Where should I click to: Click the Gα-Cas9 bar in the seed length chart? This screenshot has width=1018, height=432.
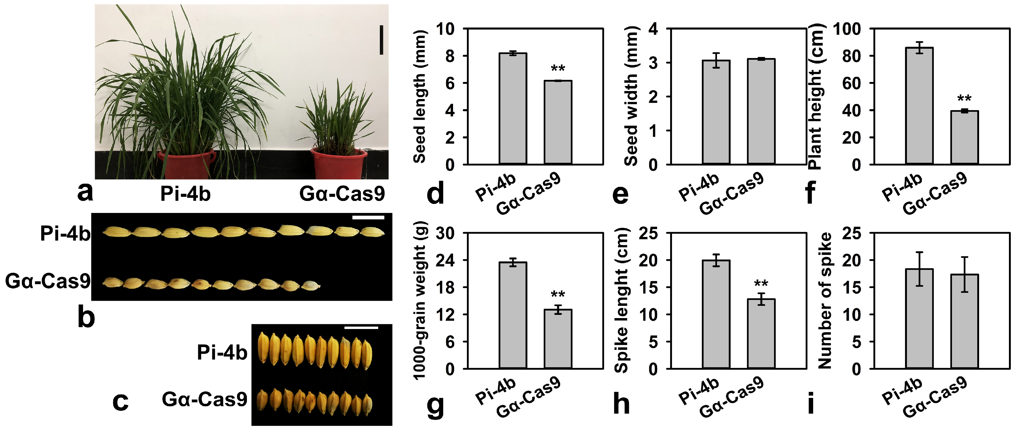[x=557, y=122]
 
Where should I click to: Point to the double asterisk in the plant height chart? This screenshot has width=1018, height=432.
[x=964, y=98]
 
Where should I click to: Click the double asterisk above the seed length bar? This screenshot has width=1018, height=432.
[x=557, y=68]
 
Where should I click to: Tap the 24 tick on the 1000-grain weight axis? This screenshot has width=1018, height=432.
[x=445, y=260]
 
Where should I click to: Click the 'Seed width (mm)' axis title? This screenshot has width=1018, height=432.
[x=631, y=96]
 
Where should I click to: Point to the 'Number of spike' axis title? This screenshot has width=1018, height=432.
[x=824, y=300]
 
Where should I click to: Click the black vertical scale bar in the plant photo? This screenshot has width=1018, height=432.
[x=381, y=40]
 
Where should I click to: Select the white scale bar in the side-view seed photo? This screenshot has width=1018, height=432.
[x=368, y=217]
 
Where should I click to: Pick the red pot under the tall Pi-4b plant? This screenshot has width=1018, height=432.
[x=186, y=164]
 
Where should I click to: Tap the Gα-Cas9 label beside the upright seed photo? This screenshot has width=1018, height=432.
[x=204, y=399]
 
